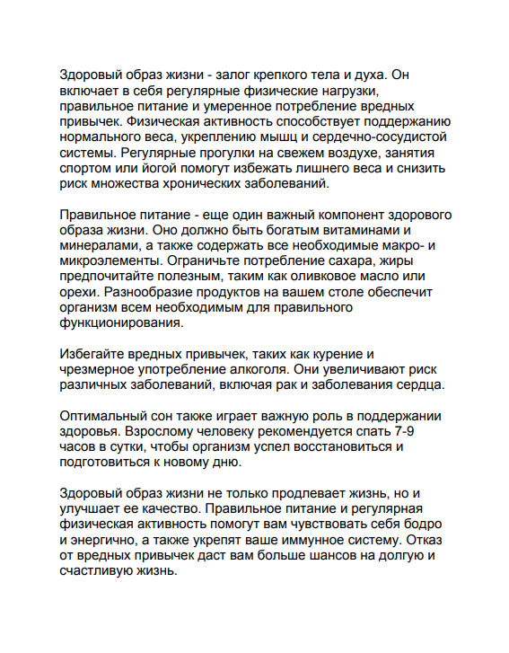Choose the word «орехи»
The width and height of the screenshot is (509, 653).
[x=78, y=293]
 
